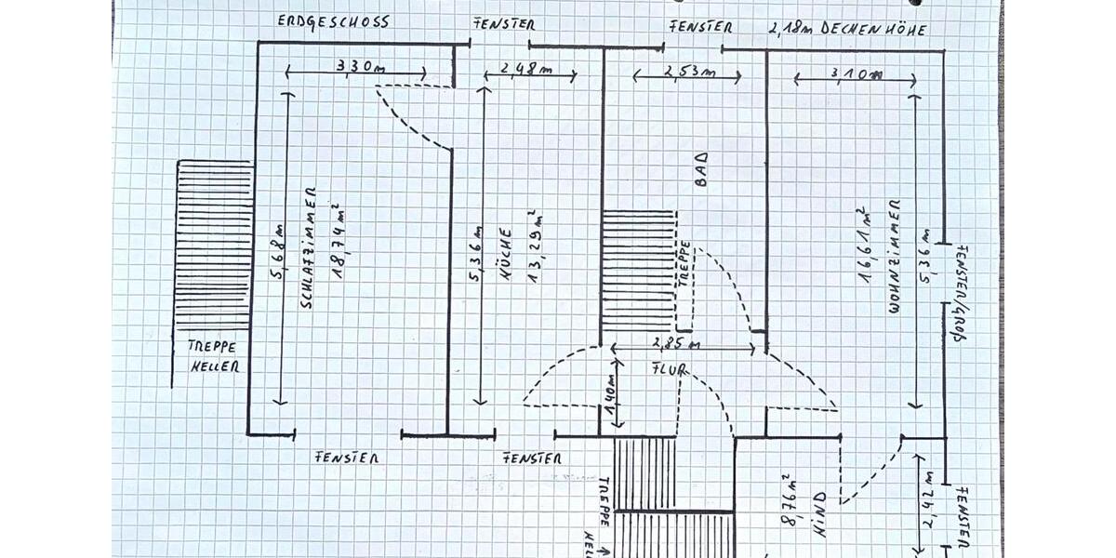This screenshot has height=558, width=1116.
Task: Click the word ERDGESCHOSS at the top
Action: coord(333,20)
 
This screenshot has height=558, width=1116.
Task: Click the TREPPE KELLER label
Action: coord(214,355)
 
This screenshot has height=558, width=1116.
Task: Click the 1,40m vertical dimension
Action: coord(611,397)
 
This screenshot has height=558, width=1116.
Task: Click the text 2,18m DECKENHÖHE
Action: coord(846,29)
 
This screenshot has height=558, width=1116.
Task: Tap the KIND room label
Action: coord(820,517)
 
